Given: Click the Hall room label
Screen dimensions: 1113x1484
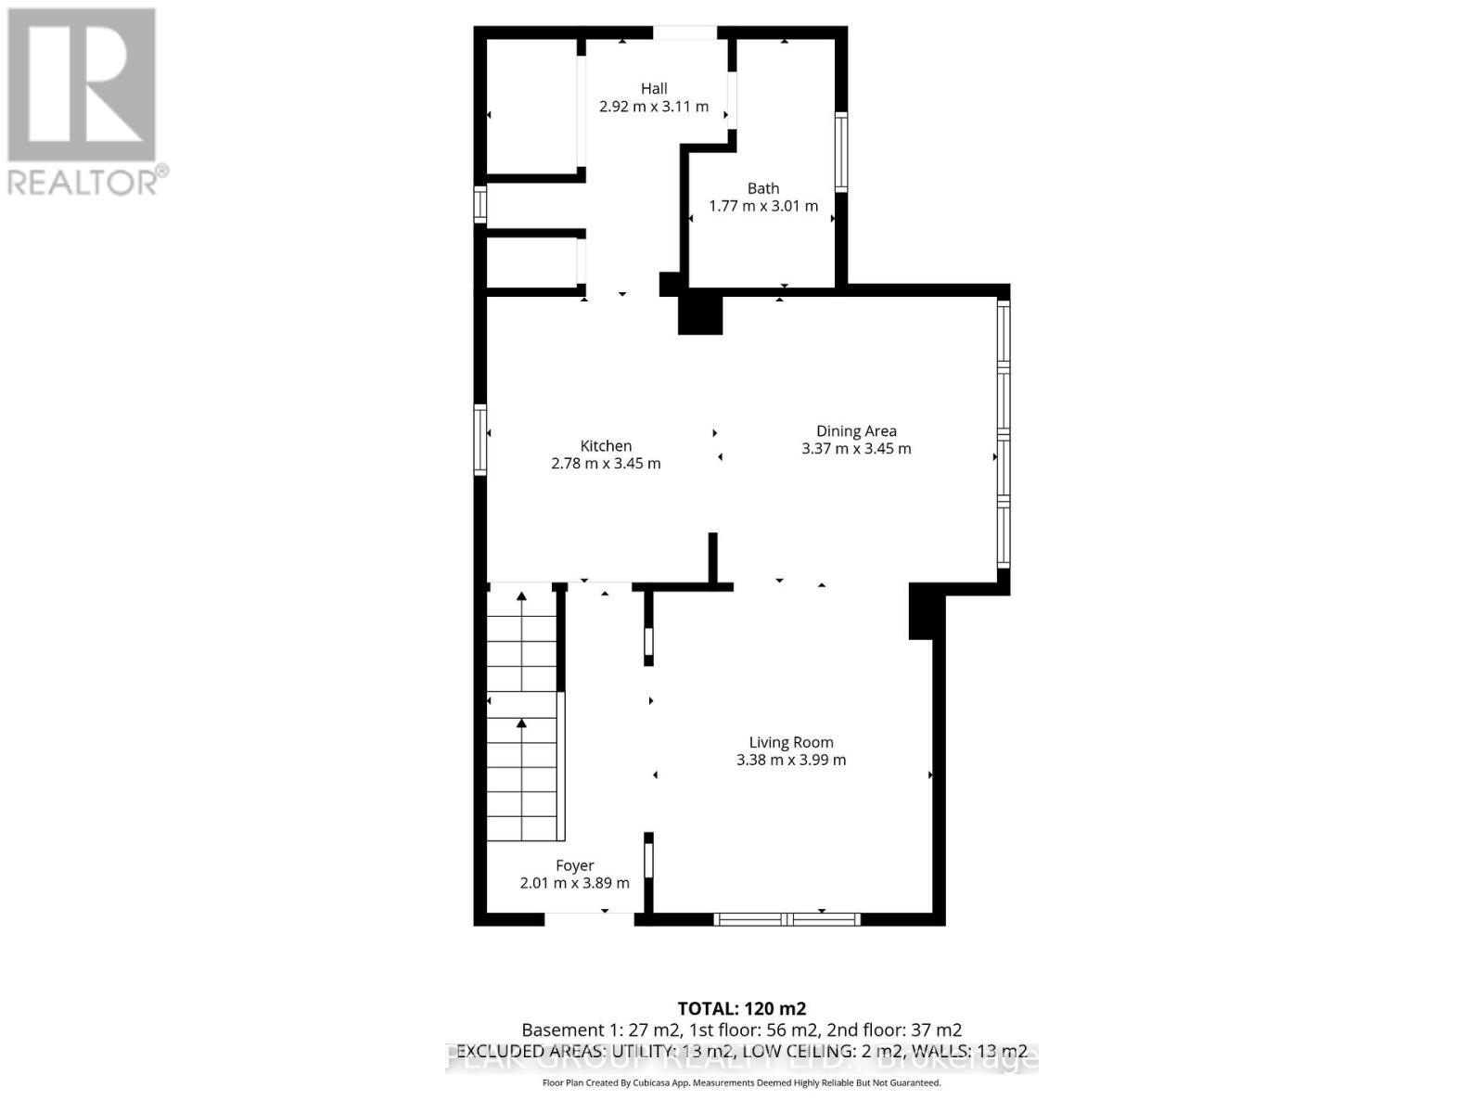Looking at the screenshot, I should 654,89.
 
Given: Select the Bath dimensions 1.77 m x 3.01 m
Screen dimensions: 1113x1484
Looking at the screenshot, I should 763,206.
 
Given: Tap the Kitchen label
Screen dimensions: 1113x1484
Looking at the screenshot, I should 606,446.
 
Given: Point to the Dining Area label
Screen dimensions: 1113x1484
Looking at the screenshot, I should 856,430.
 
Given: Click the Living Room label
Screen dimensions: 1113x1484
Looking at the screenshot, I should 791,742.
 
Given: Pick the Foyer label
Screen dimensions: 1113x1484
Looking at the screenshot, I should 574,865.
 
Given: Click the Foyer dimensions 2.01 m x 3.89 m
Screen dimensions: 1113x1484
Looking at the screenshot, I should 574,883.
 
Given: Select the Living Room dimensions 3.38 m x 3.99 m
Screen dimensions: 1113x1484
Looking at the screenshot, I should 791,760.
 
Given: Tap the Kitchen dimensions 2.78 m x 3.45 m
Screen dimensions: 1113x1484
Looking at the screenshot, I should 606,464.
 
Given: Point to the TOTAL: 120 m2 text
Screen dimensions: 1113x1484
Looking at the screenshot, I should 741,1008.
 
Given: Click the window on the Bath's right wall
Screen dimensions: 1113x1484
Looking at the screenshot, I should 841,152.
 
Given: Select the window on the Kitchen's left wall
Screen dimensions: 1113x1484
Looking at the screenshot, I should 480,440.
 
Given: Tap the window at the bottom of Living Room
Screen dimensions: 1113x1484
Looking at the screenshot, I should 787,919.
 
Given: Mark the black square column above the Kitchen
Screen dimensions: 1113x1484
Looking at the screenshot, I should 700,313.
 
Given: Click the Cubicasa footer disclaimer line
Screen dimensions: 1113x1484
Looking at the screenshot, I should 741,1082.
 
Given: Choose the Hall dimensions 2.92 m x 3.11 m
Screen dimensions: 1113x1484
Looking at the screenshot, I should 654,107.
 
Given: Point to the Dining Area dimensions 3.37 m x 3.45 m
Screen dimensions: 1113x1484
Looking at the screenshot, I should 856,449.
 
